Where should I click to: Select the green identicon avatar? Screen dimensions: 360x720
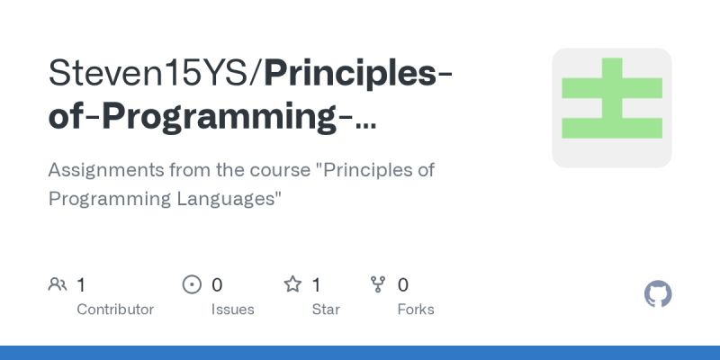tap(612, 108)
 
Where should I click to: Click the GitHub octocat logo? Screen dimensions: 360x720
tap(659, 294)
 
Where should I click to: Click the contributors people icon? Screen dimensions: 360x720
tap(58, 285)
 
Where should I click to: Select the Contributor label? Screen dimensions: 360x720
tap(115, 310)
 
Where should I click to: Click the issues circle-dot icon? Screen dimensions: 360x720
tap(192, 285)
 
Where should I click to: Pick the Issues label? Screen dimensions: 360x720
tap(233, 310)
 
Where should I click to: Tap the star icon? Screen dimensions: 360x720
tap(292, 285)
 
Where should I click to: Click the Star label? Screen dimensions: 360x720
tap(325, 310)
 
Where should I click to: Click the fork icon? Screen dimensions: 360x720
tap(378, 285)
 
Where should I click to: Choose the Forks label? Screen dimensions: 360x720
tap(416, 310)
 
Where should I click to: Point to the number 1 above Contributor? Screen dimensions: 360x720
tap(81, 285)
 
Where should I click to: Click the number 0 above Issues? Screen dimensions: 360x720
tap(217, 285)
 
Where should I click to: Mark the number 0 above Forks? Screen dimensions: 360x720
tap(403, 285)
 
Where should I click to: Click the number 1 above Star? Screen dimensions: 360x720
tap(317, 285)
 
